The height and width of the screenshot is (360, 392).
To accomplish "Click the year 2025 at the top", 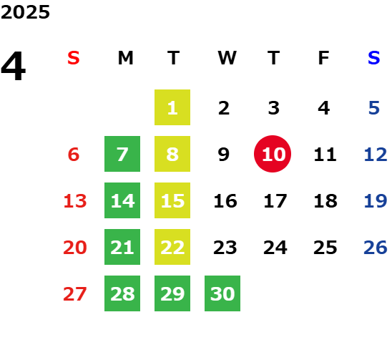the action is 25,12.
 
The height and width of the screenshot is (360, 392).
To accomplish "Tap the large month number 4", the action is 14,66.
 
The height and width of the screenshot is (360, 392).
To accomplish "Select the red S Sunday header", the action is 74,58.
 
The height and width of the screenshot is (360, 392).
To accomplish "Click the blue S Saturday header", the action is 373,58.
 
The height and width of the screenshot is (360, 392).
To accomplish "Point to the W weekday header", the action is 227,58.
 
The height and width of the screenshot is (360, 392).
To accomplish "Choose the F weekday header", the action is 324,58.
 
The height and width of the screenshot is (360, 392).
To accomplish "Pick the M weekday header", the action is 125,58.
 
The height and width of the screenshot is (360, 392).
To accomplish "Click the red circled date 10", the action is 273,154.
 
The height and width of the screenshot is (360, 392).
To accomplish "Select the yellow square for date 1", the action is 172,107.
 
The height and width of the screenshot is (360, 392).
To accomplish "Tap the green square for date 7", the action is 122,154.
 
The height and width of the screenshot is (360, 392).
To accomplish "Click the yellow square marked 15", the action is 172,200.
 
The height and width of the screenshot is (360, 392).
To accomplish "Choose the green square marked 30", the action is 222,293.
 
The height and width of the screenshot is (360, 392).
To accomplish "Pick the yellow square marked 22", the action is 172,247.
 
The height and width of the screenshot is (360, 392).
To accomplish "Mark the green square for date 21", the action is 122,247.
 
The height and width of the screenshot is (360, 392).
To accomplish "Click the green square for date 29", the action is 172,293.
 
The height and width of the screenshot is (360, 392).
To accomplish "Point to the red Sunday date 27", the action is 74,293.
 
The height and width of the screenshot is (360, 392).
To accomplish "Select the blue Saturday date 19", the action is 376,200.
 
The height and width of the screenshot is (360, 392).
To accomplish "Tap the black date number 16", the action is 225,200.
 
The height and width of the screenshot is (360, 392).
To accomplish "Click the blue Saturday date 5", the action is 374,108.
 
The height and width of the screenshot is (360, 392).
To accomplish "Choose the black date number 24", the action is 275,248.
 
